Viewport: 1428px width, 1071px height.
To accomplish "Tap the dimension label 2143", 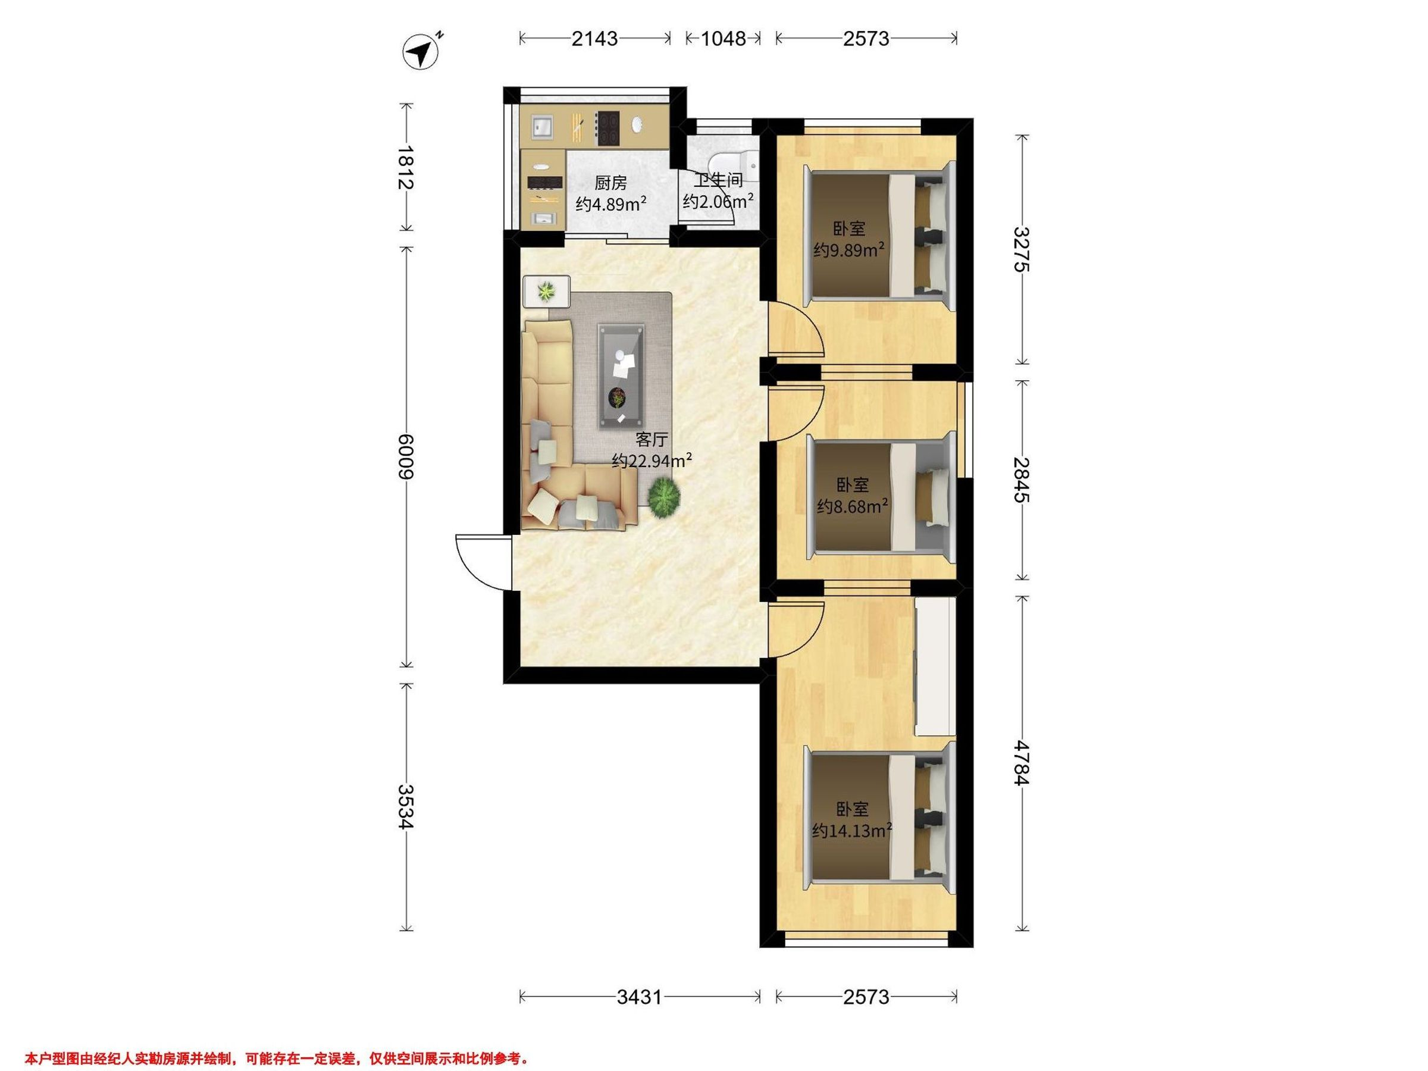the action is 594,39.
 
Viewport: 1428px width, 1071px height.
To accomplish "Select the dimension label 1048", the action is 723,39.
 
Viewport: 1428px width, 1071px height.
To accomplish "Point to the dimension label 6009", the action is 406,456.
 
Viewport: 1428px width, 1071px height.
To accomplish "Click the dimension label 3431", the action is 639,997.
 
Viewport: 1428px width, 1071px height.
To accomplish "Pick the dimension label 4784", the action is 1020,762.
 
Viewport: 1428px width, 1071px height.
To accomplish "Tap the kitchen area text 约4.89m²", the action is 611,204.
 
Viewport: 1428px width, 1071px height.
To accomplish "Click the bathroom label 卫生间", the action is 718,180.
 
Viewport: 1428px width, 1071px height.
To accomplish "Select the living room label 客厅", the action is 652,440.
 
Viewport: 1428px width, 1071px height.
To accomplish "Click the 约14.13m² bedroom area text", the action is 852,830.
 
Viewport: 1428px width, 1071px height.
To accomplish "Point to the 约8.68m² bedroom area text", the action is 852,507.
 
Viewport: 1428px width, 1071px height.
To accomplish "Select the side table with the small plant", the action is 546,291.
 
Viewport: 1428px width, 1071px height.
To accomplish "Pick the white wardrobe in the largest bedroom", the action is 935,666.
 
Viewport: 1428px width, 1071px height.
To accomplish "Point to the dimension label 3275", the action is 1020,250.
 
